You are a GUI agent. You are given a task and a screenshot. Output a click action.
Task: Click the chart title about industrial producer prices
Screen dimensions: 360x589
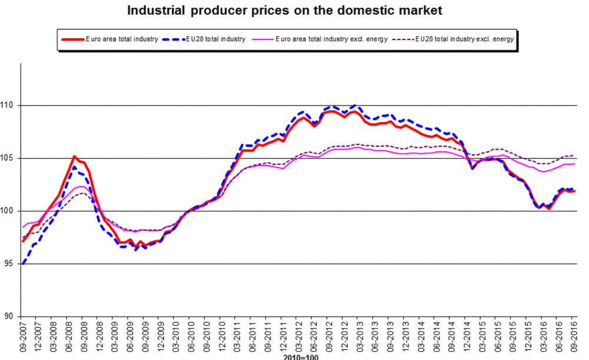click(284, 10)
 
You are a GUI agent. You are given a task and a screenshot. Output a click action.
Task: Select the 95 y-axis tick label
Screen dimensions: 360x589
click(11, 264)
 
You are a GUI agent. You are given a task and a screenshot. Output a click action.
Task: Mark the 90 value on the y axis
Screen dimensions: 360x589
click(11, 316)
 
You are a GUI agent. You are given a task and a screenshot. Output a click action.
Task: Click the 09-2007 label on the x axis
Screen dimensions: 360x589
click(23, 337)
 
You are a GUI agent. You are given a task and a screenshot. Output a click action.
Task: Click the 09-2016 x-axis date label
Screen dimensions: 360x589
click(574, 337)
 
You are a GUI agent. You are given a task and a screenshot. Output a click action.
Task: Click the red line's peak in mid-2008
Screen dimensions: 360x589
click(74, 156)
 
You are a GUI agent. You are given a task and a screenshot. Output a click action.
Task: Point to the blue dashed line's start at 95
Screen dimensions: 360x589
click(23, 264)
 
